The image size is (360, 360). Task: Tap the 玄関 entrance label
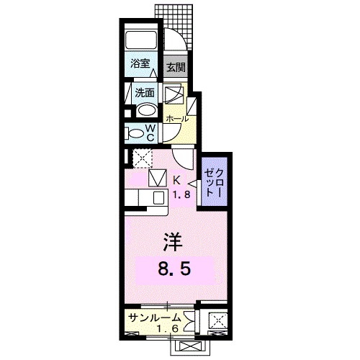coord(175,68)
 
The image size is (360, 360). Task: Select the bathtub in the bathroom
coord(141,40)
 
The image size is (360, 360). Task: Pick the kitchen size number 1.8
coord(180,195)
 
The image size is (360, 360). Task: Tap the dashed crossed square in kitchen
coord(141,157)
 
